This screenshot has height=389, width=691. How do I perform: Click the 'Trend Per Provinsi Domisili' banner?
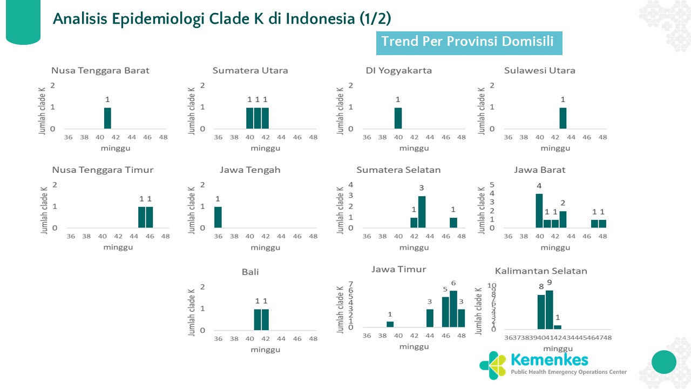pyautogui.click(x=469, y=42)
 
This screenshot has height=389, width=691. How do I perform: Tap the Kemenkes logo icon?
pyautogui.click(x=492, y=365)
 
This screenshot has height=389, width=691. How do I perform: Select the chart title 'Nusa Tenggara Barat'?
pyautogui.click(x=100, y=71)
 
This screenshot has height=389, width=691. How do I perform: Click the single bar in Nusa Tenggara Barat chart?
pyautogui.click(x=107, y=118)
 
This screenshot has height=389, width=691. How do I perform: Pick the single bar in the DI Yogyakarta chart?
pyautogui.click(x=398, y=118)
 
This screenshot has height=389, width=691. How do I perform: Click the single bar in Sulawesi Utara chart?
pyautogui.click(x=563, y=118)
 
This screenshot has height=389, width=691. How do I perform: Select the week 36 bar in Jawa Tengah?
pyautogui.click(x=218, y=217)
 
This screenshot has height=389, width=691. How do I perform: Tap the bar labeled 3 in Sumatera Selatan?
pyautogui.click(x=422, y=212)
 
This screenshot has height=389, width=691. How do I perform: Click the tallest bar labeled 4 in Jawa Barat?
pyautogui.click(x=539, y=211)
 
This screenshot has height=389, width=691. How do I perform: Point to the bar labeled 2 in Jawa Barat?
pyautogui.click(x=563, y=219)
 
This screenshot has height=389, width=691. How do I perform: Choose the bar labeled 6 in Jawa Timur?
pyautogui.click(x=453, y=309)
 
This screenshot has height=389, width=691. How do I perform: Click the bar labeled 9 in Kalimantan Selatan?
pyautogui.click(x=549, y=310)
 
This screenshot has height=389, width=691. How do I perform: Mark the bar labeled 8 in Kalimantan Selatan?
pyautogui.click(x=541, y=312)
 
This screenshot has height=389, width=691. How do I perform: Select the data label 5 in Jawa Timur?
pyautogui.click(x=445, y=290)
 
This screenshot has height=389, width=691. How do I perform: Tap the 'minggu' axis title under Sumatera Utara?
pyautogui.click(x=265, y=148)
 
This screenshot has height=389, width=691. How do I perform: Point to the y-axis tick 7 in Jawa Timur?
pyautogui.click(x=350, y=284)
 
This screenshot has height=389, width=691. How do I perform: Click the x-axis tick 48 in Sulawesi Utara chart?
pyautogui.click(x=602, y=137)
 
